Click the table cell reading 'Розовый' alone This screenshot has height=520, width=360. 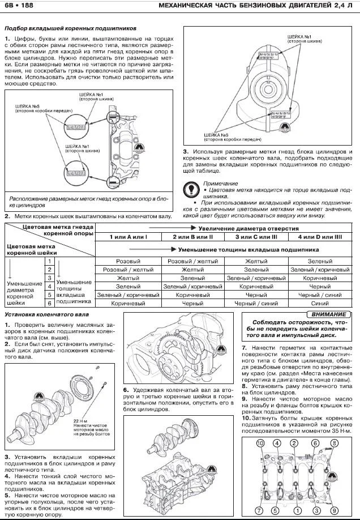[127, 262]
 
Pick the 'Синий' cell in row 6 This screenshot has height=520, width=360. [320, 303]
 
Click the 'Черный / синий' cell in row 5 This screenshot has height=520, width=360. [320, 295]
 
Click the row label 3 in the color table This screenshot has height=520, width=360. [50, 278]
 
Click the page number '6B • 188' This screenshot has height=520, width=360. [18, 6]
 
